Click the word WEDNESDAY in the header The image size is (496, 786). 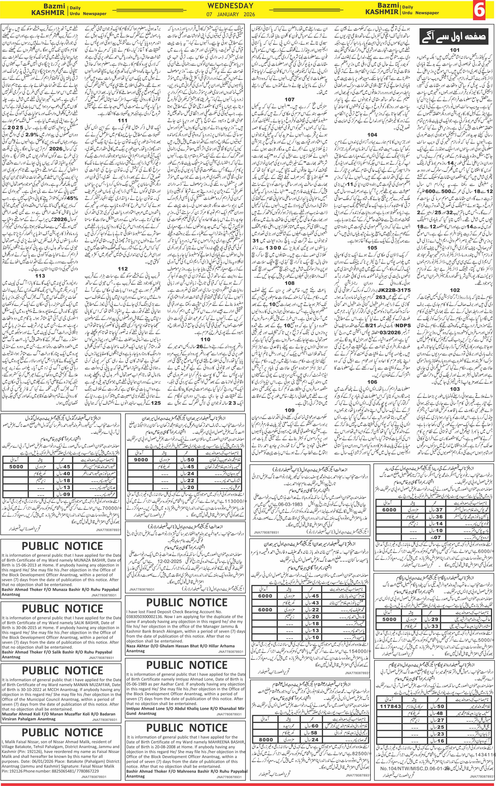(x=230, y=6)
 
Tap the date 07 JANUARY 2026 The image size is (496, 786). (x=230, y=15)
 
